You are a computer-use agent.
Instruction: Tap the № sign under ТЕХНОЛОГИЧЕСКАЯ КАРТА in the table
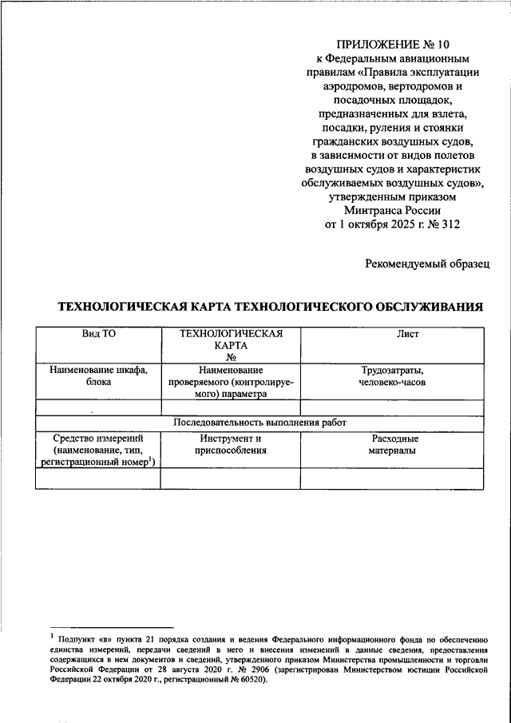(x=230, y=358)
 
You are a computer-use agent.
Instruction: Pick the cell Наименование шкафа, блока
(x=98, y=376)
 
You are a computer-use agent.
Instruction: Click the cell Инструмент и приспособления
(x=230, y=445)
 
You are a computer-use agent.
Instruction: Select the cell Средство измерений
(x=98, y=439)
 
